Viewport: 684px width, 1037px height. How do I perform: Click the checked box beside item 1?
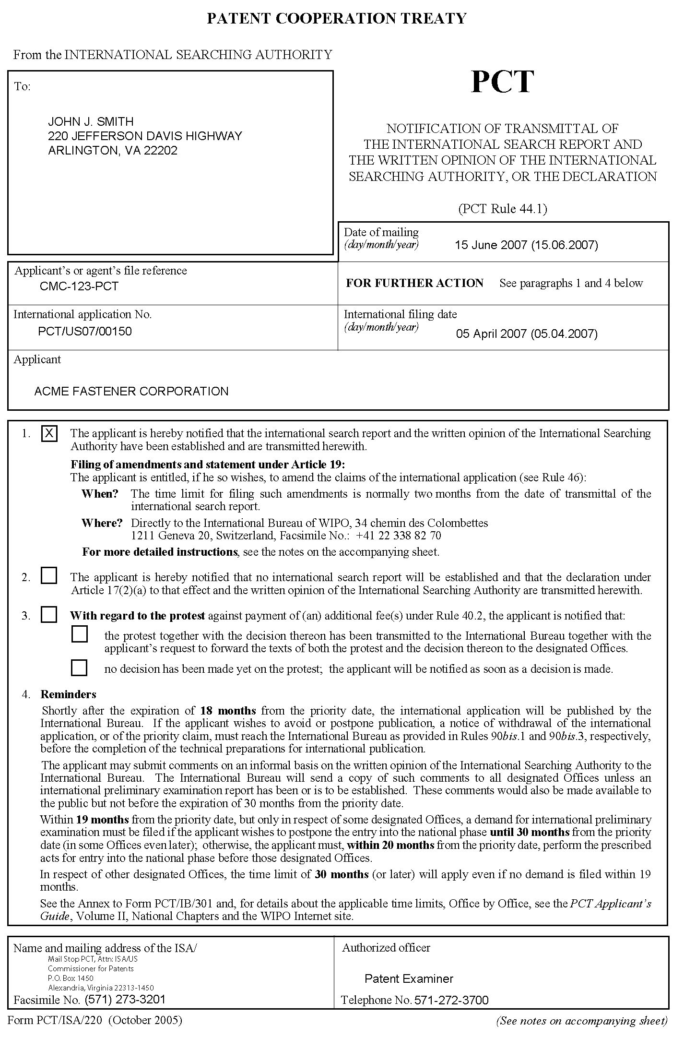click(49, 434)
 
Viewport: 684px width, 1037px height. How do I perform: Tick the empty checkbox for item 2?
click(49, 575)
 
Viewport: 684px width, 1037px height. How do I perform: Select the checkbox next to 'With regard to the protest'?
click(49, 615)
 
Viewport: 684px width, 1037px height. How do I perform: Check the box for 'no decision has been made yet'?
click(80, 668)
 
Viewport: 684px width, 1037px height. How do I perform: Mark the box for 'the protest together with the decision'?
click(80, 634)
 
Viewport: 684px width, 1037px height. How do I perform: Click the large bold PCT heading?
click(502, 82)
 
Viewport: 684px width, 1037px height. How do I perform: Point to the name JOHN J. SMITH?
click(91, 122)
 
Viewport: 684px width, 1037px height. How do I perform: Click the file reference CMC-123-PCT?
click(79, 286)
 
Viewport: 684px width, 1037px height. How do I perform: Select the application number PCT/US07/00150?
click(85, 332)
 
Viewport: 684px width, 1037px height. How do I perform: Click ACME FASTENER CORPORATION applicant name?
click(131, 392)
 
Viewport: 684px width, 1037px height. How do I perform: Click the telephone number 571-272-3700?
click(451, 1000)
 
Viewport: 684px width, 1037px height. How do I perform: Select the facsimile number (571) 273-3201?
click(125, 1000)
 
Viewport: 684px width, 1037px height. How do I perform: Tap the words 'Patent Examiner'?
click(409, 978)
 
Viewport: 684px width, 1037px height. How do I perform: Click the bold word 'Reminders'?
click(68, 694)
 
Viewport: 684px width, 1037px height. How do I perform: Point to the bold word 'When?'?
click(100, 494)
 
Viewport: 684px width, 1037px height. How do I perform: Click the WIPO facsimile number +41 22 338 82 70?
click(399, 536)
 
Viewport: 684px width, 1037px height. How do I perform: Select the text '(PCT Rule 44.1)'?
click(503, 209)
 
